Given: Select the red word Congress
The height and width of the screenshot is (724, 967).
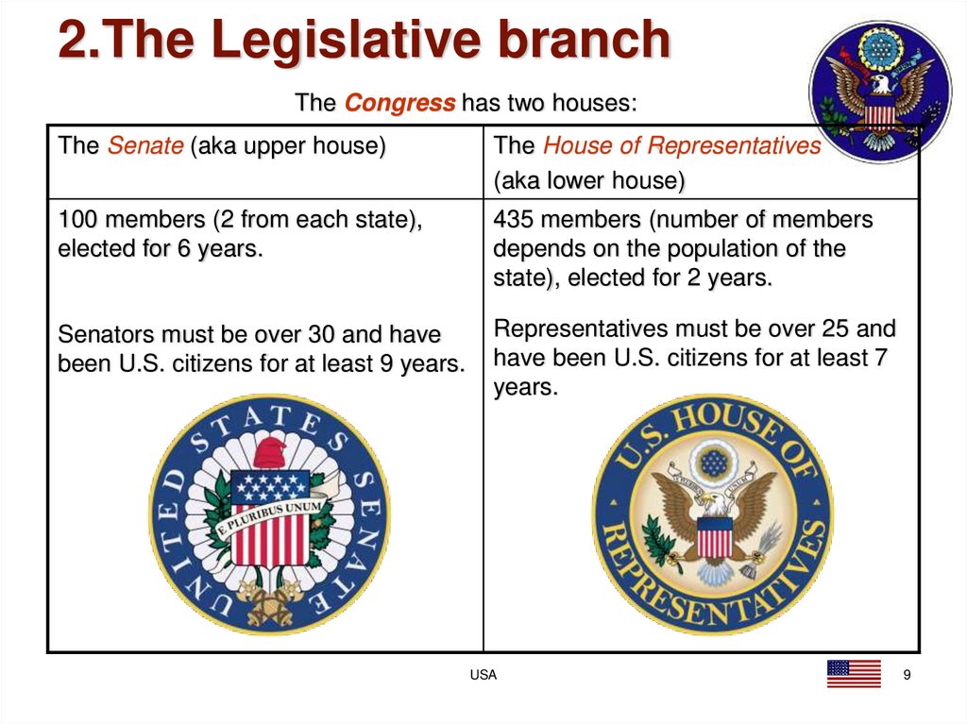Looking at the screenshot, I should [x=399, y=103].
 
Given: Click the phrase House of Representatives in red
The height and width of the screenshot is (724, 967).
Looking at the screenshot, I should [x=682, y=146].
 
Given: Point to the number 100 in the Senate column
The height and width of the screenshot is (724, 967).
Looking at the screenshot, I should [x=77, y=221].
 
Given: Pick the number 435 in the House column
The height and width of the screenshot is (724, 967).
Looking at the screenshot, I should [x=514, y=221].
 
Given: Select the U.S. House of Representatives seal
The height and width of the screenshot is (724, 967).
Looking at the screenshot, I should [x=713, y=514].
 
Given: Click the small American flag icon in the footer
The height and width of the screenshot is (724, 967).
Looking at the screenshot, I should [x=854, y=674].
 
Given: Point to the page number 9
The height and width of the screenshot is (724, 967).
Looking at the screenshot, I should [x=908, y=675].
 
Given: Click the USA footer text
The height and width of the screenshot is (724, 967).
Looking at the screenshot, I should [x=483, y=675].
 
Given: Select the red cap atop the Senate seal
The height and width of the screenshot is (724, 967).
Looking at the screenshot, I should [x=271, y=451].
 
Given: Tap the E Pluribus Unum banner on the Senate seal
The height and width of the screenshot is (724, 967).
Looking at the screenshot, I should [x=271, y=514].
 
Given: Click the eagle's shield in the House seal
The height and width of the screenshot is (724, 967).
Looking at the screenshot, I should [x=714, y=538].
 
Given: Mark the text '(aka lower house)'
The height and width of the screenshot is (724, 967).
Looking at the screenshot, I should [x=589, y=180].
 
